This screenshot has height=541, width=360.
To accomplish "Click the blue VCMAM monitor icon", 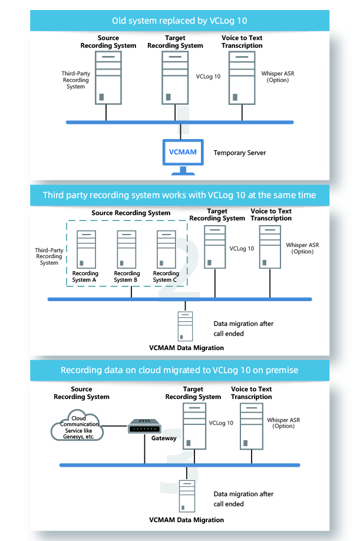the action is (183, 157).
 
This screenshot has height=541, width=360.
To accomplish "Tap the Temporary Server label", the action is (240, 153).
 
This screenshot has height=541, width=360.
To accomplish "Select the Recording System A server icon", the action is (86, 249).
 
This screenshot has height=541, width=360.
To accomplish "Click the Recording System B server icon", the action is (127, 249).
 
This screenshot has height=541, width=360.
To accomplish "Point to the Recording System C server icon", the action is (166, 249).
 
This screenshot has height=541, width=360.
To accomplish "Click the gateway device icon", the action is (144, 427).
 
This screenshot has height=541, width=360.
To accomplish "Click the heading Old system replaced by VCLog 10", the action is (179, 21).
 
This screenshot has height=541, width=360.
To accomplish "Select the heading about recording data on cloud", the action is (179, 370).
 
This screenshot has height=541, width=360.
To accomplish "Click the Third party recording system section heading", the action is (179, 195).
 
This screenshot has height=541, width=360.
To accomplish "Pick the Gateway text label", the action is (164, 438).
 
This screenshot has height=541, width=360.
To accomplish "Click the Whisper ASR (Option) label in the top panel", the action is (278, 77).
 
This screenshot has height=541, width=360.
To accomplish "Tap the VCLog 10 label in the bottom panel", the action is (221, 423).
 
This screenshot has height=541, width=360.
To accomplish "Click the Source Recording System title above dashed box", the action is (131, 213).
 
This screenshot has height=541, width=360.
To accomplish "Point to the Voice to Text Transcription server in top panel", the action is (242, 78).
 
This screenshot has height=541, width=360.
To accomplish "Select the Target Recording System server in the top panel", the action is (175, 78).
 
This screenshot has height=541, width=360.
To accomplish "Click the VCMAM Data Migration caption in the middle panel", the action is (186, 348).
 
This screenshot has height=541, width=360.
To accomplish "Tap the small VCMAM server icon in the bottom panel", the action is (187, 496).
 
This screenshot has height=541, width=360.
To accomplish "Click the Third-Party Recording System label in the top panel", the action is (76, 80).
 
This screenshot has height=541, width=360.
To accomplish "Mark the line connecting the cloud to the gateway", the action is (115, 426).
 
